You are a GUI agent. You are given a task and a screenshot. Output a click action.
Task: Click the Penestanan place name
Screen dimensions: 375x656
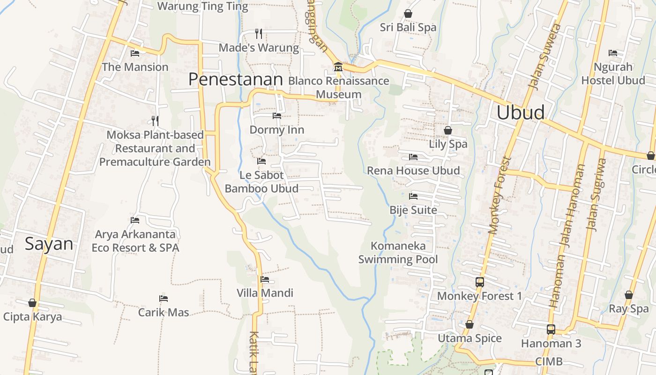235,80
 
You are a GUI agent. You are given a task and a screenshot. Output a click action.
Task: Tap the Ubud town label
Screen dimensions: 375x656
521,113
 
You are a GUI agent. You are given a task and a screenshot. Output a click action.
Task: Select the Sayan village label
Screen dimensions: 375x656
49,244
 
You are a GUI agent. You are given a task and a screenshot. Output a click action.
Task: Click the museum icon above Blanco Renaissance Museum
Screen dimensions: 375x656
338,67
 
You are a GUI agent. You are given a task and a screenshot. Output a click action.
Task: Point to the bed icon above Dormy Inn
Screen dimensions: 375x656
277,115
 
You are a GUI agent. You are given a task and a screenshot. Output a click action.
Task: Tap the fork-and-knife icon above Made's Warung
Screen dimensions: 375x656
258,33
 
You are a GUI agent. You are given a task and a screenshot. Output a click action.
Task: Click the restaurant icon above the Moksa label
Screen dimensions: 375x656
155,121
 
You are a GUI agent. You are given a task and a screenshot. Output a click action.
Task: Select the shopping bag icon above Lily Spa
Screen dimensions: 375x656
448,130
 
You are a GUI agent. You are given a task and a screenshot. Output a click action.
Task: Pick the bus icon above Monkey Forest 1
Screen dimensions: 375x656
479,282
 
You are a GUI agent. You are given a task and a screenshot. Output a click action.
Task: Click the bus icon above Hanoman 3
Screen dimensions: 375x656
551,330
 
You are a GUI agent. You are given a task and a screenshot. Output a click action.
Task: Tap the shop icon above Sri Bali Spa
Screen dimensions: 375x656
408,14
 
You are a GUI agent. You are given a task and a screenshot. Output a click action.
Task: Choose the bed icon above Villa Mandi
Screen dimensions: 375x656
265,280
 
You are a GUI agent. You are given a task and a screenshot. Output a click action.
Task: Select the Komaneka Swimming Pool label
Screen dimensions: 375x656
398,253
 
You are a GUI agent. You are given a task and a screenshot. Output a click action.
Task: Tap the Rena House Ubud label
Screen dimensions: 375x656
413,171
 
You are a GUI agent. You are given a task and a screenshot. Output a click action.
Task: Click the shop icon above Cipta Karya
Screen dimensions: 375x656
32,303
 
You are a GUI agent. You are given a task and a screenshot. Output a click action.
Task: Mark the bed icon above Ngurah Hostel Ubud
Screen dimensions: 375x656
613,53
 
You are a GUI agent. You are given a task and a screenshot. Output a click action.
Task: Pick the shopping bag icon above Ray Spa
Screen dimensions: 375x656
628,295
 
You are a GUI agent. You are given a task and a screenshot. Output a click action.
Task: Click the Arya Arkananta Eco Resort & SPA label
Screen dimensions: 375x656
135,241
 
